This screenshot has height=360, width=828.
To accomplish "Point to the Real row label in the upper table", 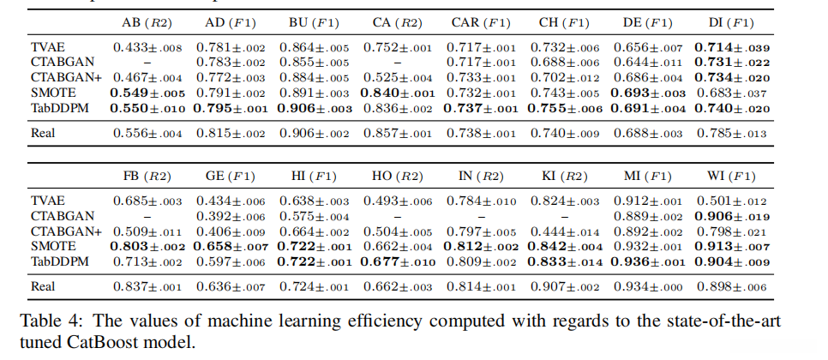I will click(45, 132).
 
